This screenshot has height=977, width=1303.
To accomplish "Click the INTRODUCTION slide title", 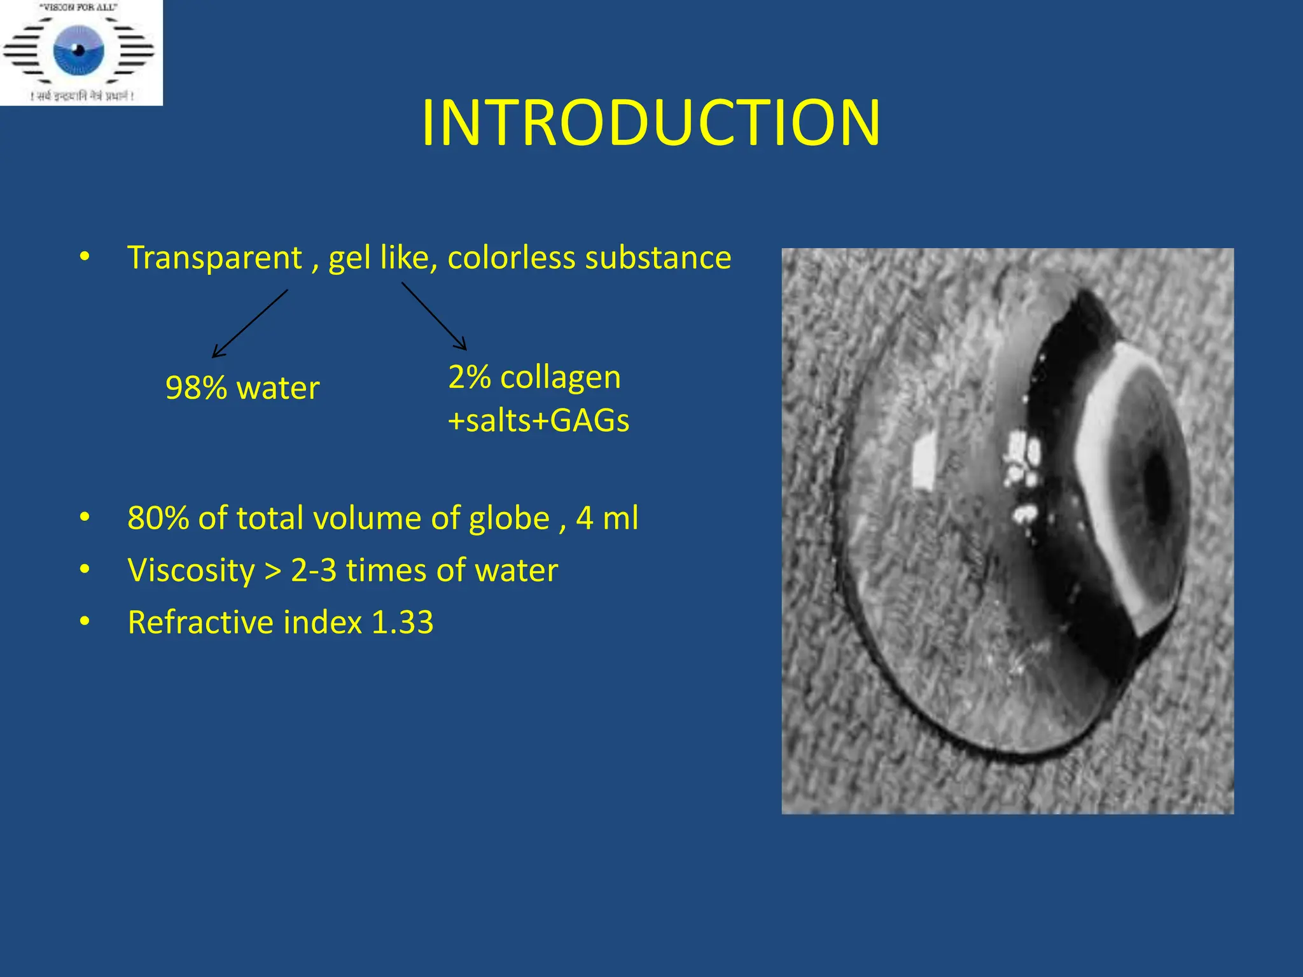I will [x=651, y=122].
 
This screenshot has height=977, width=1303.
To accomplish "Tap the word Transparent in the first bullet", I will [x=214, y=258].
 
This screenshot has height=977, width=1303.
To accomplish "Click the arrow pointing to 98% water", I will [x=249, y=323].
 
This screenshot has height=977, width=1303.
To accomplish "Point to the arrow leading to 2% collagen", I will [x=434, y=316].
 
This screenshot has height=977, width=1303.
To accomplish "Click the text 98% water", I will [x=242, y=387].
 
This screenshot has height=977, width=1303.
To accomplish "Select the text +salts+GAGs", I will [x=538, y=420].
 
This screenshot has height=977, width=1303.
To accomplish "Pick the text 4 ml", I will [x=607, y=518].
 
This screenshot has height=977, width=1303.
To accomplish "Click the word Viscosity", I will [x=191, y=570].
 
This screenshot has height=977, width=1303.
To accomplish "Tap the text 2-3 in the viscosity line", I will [x=314, y=570].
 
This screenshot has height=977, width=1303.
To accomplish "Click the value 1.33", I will [x=402, y=622].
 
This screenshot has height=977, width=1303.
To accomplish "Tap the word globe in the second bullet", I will [x=509, y=518].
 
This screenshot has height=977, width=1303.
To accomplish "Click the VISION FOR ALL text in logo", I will [x=78, y=8].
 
